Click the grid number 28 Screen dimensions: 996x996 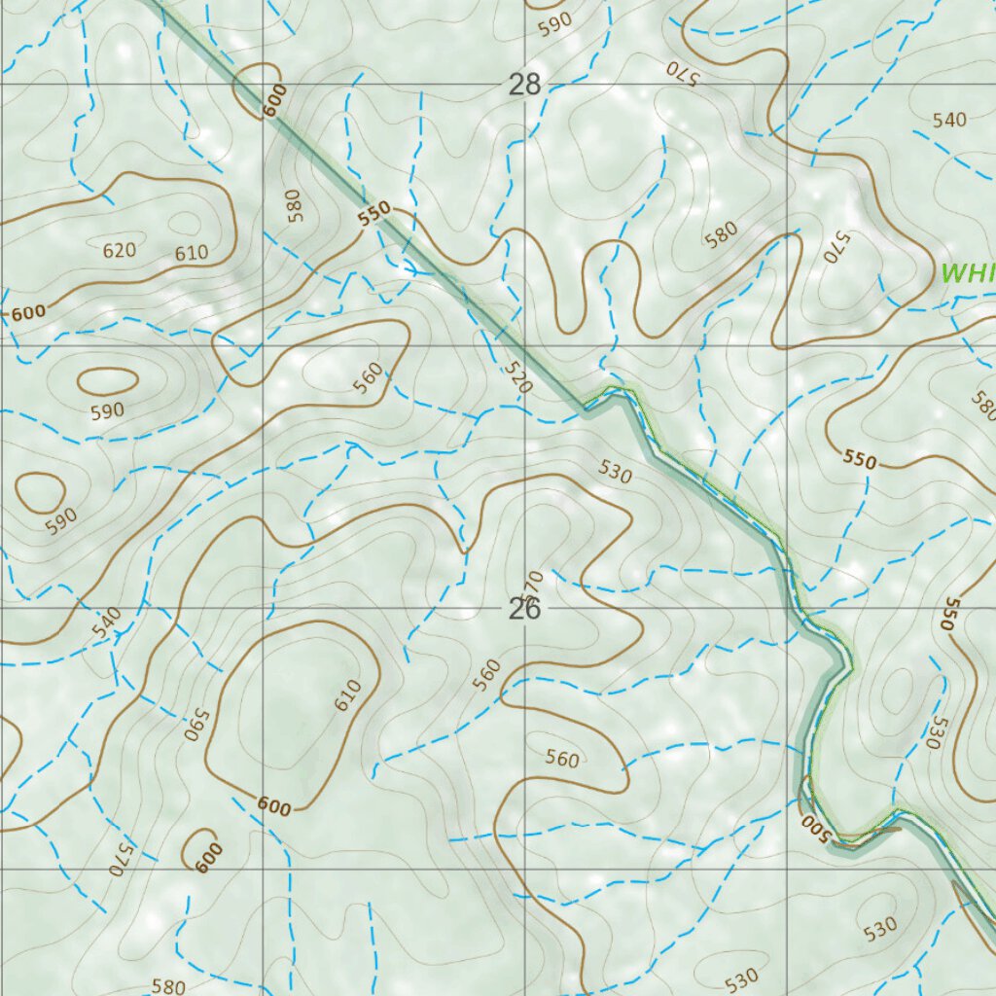524,85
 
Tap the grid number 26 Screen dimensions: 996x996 524,610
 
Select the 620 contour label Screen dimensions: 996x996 119,250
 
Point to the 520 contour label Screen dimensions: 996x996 520,377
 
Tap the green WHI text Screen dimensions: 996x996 968,272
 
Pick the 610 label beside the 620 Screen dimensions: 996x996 192,254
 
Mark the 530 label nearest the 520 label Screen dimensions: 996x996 616,474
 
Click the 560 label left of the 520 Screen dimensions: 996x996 369,378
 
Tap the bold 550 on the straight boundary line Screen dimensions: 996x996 373,213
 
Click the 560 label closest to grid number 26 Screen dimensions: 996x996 488,672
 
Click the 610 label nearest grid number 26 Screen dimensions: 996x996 348,694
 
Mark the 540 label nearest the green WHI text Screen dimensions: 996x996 949,120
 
